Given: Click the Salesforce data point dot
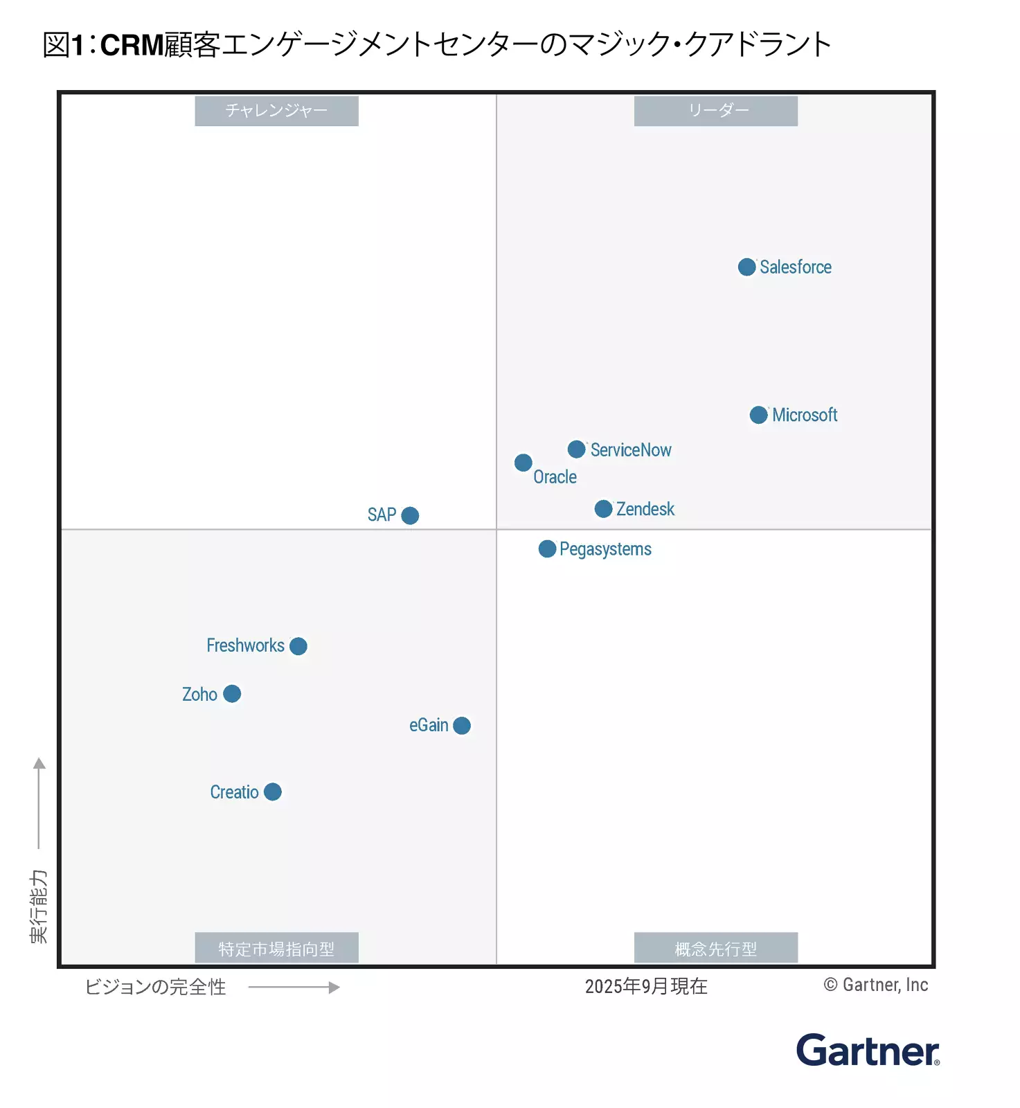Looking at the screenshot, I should (746, 267).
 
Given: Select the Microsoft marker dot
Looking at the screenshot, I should (758, 415).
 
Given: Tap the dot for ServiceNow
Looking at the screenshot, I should (576, 449).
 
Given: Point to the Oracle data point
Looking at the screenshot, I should (524, 463).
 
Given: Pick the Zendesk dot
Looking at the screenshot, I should (603, 509).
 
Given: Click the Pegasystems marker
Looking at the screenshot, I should (547, 549).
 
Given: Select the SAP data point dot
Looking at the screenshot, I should (410, 516).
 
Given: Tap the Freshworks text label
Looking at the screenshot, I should (245, 645).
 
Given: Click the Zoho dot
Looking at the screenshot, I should (232, 694).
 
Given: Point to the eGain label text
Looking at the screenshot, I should (429, 725).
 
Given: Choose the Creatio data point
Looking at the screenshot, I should (273, 792).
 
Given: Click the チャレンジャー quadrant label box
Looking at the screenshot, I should (276, 111).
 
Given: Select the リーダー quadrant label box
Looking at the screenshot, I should (715, 111).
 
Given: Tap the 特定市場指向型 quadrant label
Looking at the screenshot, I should (276, 948).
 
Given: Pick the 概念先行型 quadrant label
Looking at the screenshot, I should (715, 948).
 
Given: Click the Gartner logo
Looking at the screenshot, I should (867, 1051).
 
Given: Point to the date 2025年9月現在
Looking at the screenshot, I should (645, 986).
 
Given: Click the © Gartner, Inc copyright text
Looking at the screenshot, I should (876, 985).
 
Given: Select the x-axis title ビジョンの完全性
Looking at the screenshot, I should (155, 987).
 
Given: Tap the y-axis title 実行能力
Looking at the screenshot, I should (39, 906).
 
